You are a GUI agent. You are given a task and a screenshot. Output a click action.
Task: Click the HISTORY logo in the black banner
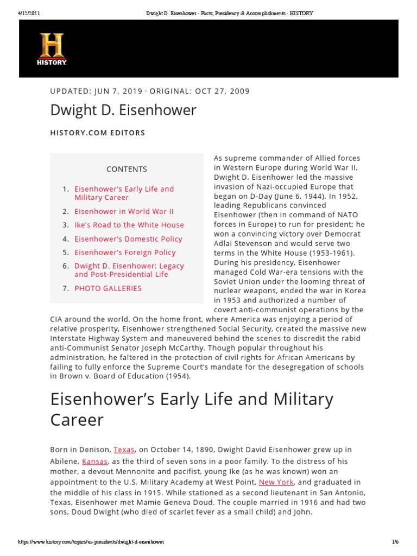(x=52, y=49)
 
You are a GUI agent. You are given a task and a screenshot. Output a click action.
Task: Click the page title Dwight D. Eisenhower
(x=123, y=110)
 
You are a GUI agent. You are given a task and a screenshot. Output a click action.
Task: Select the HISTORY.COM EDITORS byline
(x=98, y=132)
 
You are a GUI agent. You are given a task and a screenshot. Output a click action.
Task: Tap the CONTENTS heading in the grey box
(x=127, y=169)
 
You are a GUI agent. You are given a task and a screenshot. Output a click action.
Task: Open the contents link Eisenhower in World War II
(x=124, y=211)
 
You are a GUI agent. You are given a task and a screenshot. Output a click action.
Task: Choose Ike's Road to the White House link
(x=129, y=225)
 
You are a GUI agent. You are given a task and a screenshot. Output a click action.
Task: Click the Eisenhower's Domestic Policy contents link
(x=128, y=239)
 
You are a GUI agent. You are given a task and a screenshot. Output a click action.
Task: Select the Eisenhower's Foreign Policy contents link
(x=125, y=252)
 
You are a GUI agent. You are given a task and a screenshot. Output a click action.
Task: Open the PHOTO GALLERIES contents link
(x=108, y=288)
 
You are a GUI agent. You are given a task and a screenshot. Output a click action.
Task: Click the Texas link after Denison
(x=124, y=450)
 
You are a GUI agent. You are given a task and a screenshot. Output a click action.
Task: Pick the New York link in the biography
(x=276, y=482)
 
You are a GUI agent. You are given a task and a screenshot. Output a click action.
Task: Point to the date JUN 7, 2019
(x=116, y=91)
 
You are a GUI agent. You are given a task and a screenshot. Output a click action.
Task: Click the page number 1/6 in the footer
(x=395, y=542)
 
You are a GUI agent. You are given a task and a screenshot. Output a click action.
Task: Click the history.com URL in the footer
(x=91, y=542)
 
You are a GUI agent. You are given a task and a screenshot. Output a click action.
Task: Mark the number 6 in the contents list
(x=65, y=266)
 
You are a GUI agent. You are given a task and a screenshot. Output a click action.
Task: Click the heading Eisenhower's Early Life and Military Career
(x=191, y=409)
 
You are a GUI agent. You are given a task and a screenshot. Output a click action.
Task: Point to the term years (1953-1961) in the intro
(x=333, y=254)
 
